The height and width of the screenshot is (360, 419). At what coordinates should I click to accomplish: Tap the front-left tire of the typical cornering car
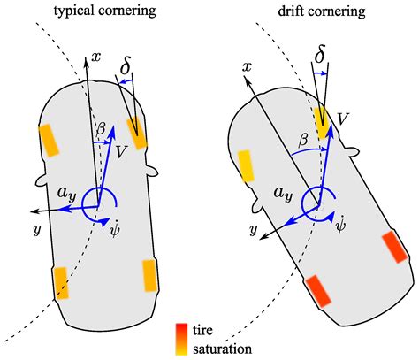[x=49, y=139]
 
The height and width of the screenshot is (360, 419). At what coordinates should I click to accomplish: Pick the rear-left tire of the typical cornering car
[x=60, y=282]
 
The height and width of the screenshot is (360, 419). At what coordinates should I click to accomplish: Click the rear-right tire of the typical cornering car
[x=150, y=276]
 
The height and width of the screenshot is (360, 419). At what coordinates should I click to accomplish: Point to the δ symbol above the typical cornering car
[x=127, y=65]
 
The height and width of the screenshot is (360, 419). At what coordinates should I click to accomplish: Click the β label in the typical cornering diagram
[x=102, y=128]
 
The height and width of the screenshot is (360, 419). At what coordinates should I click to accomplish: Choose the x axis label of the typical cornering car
[x=97, y=55]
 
